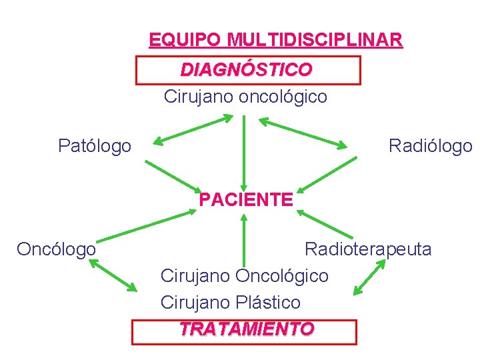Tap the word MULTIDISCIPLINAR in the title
(314, 39)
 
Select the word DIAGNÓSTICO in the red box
(246, 69)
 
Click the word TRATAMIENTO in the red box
(246, 329)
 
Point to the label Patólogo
(95, 145)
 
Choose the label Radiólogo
(430, 145)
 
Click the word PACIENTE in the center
(245, 199)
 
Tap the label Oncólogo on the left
(56, 249)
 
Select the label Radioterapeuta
(368, 249)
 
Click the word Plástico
(268, 302)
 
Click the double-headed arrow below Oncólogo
(113, 275)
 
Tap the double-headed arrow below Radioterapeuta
(369, 277)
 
